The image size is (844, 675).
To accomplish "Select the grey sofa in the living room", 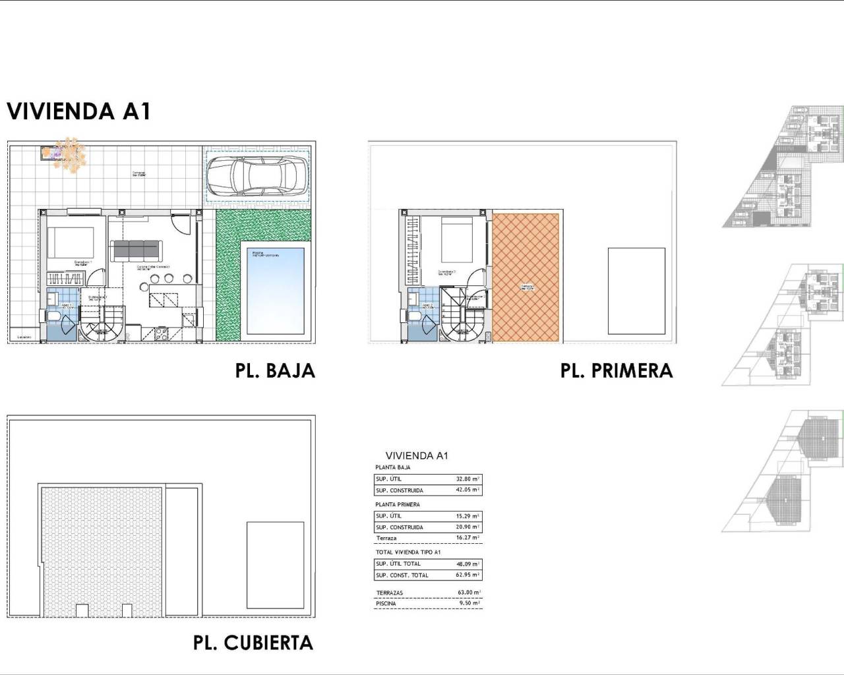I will pos(136,250).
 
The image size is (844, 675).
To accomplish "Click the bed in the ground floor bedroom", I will pos(71,243).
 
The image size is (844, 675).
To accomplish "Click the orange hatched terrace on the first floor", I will pos(526,277).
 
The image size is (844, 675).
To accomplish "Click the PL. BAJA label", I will pos(275,370).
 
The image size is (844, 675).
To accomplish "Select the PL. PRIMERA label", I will pos(617,370).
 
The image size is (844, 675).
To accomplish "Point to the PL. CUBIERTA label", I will pos(253,643).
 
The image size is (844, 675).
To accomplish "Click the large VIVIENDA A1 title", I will pos(79,111).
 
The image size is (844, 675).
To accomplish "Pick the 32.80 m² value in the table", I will pos(467,479).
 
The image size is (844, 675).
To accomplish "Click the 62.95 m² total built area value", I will pos(467,575).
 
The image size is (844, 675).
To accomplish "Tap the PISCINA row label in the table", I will pos(386,603).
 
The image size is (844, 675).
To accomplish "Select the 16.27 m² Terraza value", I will pos(467,538).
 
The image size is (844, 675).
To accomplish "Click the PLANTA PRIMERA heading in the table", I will pos(397,504).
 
